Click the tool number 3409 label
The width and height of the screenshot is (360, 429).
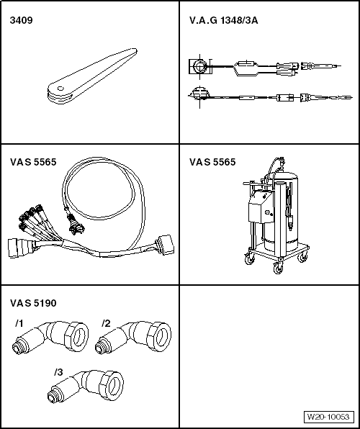(x=20, y=19)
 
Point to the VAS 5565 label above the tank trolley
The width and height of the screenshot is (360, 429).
(x=212, y=162)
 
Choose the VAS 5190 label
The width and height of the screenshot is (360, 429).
(x=33, y=303)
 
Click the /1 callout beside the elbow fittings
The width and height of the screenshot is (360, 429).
(x=19, y=322)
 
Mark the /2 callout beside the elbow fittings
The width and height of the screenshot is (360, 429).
(x=106, y=322)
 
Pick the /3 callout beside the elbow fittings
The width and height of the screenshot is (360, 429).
(x=59, y=372)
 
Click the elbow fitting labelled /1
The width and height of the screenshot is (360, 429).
(x=51, y=338)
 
